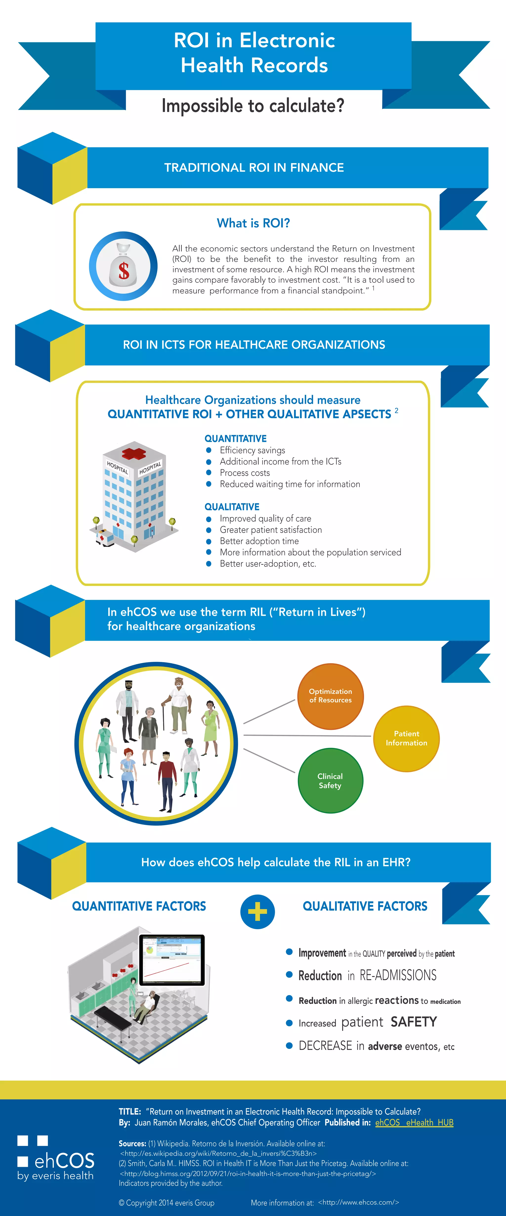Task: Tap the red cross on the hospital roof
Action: point(134,454)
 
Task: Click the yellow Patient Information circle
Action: point(406,738)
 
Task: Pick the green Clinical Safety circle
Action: point(330,781)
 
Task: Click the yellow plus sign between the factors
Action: point(257,912)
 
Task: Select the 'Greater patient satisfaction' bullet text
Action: point(271,530)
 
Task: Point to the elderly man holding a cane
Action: point(178,703)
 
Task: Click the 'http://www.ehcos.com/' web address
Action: point(358,1202)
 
